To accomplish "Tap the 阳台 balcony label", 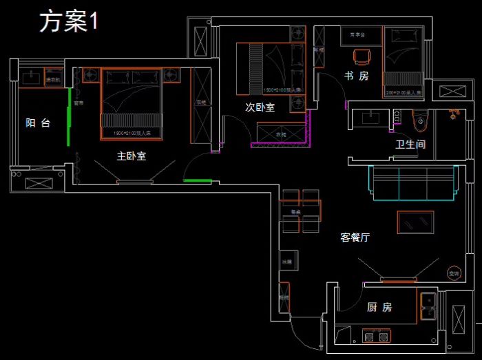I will click(39, 123).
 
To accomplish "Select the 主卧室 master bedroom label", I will click(131, 156).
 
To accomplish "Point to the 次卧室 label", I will click(260, 107).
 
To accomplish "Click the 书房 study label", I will click(357, 76).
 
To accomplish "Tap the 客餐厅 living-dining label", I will click(355, 237).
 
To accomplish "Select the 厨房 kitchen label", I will click(379, 307).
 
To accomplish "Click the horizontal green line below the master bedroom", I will click(198, 182).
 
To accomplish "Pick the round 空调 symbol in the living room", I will click(453, 272).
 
